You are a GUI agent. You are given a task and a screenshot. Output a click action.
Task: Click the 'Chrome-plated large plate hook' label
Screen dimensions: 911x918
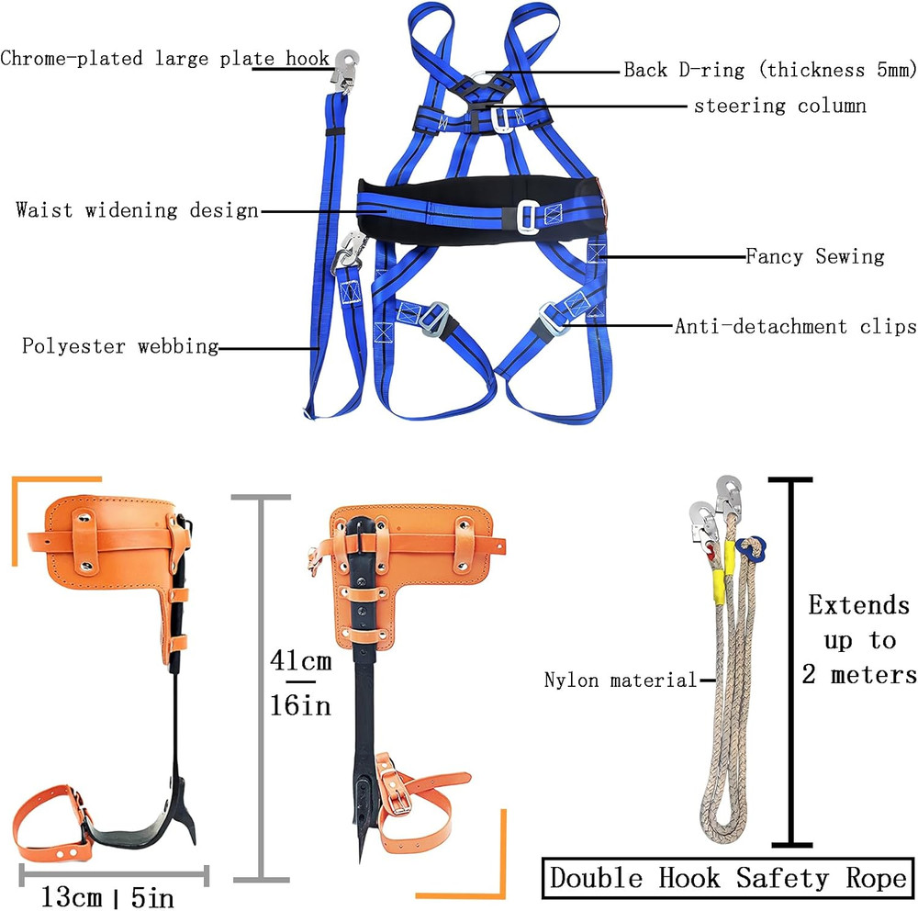click(164, 60)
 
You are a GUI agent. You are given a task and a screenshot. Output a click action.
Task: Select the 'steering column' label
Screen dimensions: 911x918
click(779, 106)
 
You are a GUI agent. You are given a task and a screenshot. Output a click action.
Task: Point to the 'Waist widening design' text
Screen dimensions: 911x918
click(137, 210)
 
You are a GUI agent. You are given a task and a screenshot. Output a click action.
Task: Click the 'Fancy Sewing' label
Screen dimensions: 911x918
click(814, 256)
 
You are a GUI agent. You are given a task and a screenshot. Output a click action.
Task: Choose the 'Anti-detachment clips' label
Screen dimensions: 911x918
click(795, 326)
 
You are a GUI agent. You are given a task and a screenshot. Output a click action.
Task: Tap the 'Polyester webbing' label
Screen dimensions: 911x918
click(120, 346)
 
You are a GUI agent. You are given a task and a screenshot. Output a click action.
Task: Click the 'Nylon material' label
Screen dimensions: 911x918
click(621, 680)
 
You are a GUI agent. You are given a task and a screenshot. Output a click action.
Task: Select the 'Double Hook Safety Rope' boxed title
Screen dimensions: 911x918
click(728, 879)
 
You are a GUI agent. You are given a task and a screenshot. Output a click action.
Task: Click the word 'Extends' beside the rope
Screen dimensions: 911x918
click(858, 605)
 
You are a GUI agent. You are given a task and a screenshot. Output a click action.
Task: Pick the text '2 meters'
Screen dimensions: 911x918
click(859, 675)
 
